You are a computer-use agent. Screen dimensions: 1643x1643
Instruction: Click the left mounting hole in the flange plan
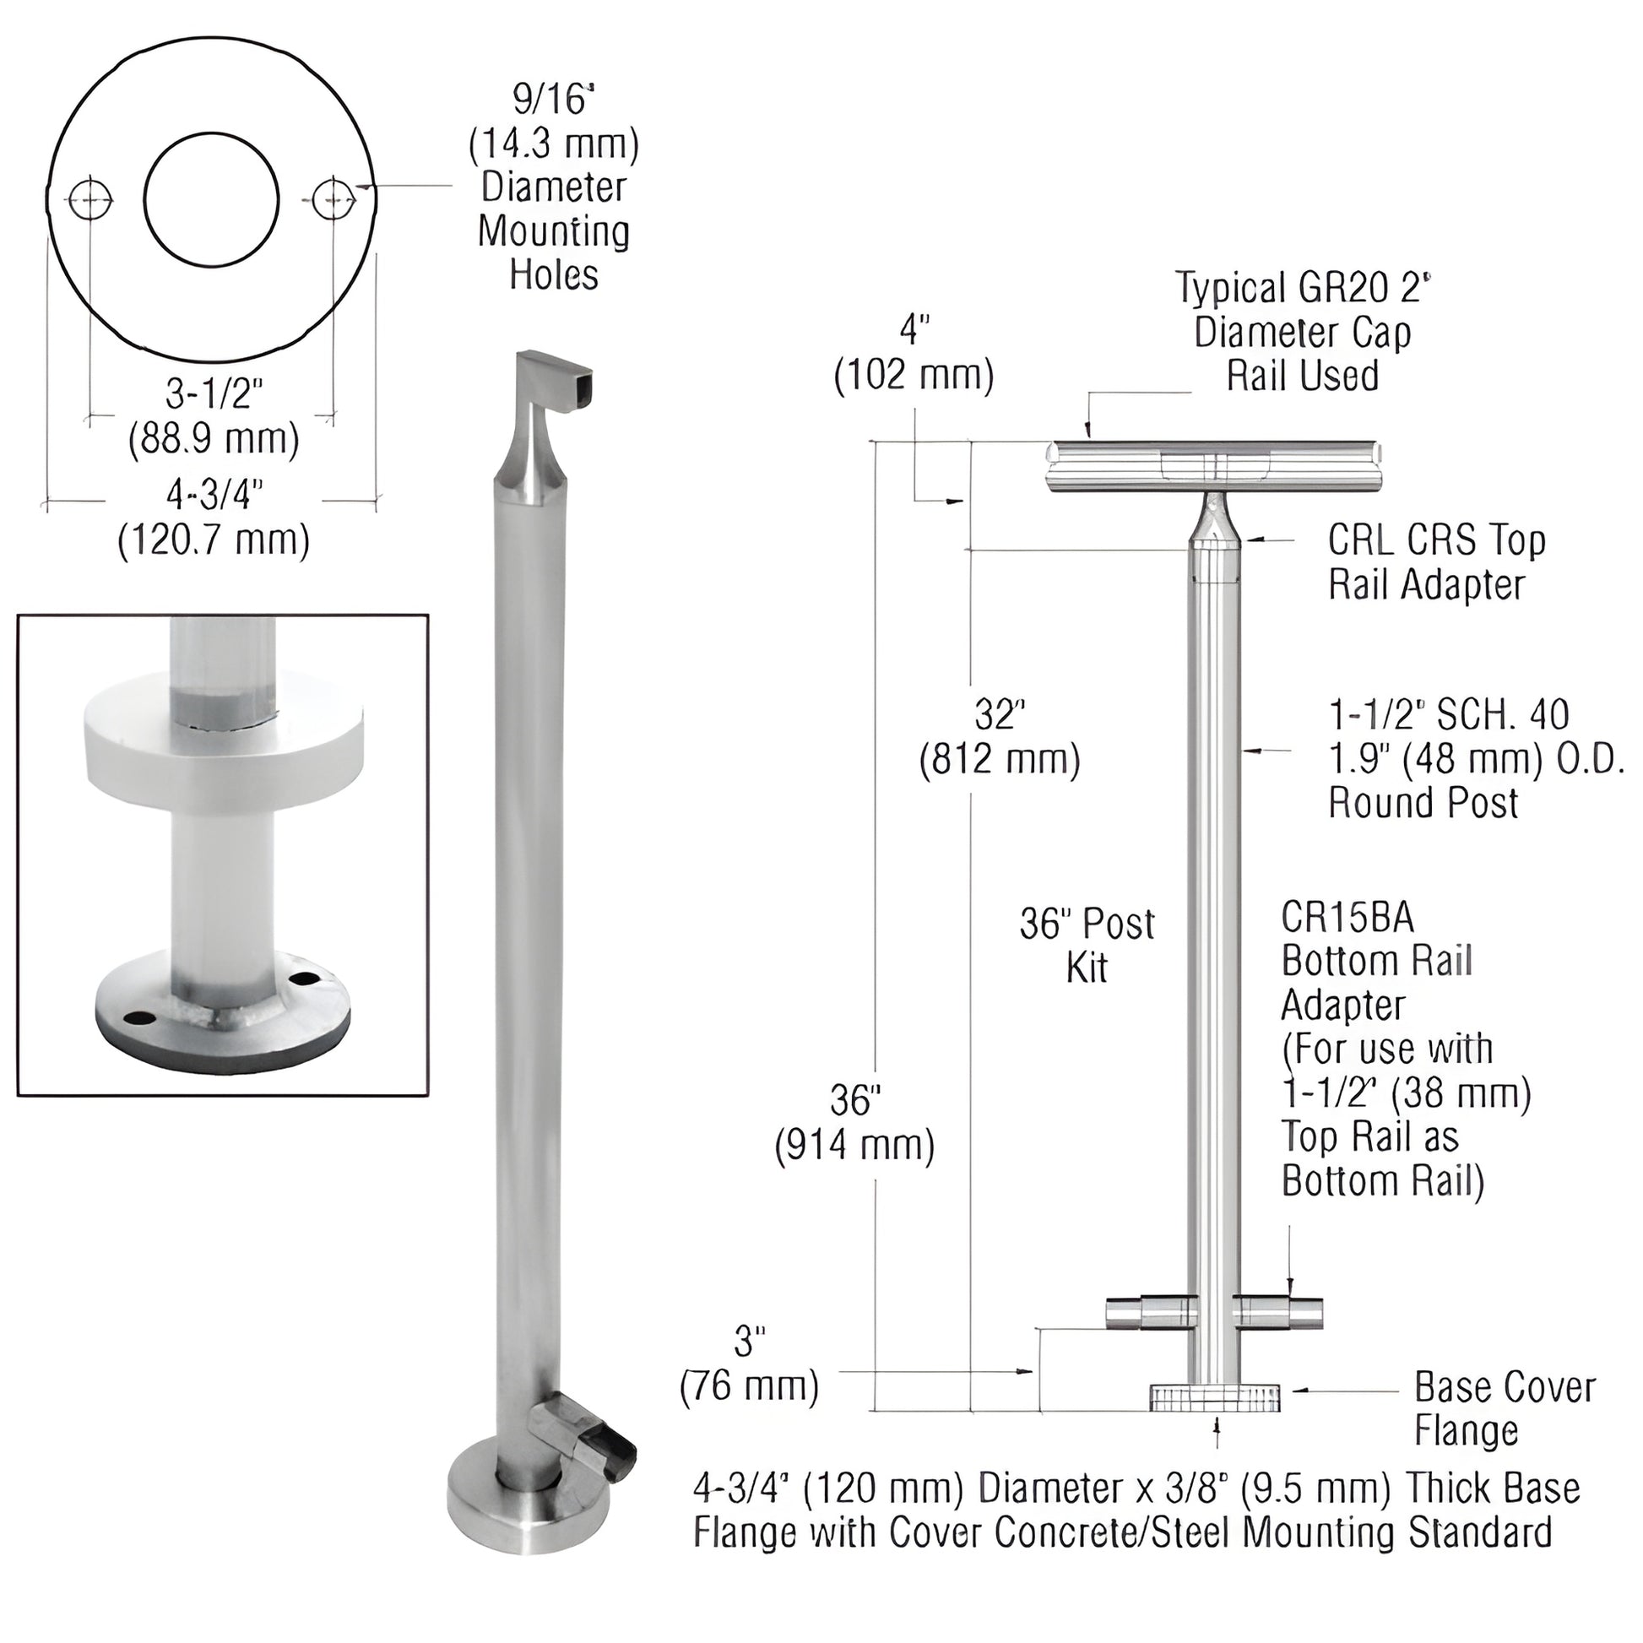point(91,201)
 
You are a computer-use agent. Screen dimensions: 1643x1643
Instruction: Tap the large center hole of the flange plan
point(211,199)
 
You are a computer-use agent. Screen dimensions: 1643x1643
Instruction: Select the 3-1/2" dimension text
point(214,394)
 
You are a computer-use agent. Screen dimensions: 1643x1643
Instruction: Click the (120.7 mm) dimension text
point(214,540)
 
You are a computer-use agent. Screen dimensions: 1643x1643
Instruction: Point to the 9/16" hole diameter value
point(553,100)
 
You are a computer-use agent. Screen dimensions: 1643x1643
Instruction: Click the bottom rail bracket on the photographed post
point(587,1436)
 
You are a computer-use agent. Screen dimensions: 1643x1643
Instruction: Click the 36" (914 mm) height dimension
point(854,1123)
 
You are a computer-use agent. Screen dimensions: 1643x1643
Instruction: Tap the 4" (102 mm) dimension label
point(914,352)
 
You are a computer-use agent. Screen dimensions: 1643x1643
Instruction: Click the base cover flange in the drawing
point(1214,1397)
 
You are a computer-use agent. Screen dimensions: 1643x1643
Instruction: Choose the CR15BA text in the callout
point(1347,918)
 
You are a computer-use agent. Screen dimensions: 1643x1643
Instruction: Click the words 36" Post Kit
point(1087,945)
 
